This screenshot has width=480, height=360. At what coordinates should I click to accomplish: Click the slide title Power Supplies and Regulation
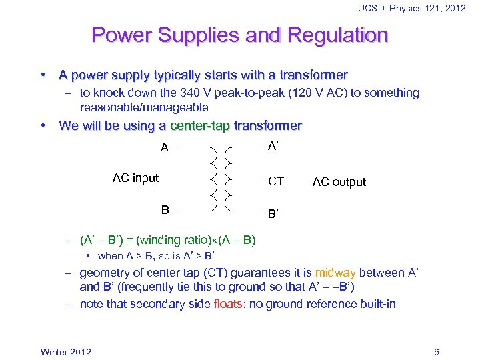tap(239, 35)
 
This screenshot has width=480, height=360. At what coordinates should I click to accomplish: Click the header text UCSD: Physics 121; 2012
tap(411, 8)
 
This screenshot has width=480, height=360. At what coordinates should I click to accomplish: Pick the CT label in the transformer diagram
tap(275, 181)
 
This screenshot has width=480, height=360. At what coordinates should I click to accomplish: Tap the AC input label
tap(135, 178)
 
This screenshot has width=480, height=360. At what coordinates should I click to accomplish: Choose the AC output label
tap(339, 182)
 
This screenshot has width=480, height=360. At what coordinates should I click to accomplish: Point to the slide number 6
tap(436, 352)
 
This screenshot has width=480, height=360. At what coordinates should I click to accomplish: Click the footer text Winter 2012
tap(66, 352)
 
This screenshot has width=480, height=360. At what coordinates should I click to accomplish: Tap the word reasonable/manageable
tap(144, 107)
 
